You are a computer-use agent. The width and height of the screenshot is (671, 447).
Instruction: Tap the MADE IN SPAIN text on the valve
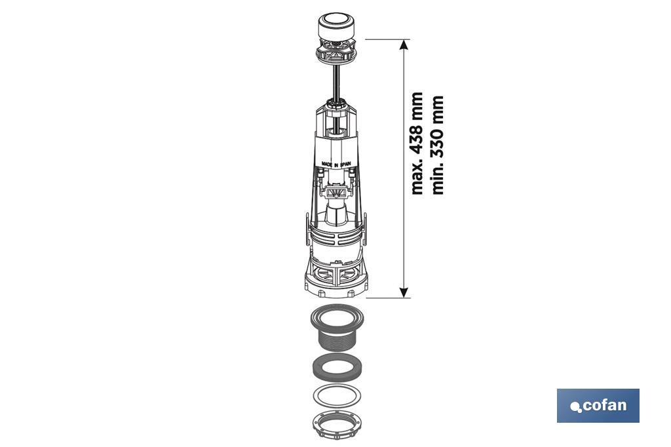click(x=334, y=162)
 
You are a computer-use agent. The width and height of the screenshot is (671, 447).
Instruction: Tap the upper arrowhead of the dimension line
click(x=404, y=45)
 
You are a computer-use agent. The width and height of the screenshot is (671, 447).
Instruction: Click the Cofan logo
click(x=598, y=405)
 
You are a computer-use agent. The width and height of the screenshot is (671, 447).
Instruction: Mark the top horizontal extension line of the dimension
click(x=387, y=39)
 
